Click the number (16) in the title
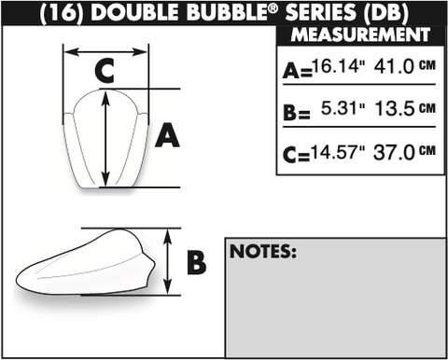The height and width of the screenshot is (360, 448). (x=62, y=13)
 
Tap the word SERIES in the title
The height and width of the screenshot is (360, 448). (x=321, y=12)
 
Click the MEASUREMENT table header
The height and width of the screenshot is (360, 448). (x=360, y=35)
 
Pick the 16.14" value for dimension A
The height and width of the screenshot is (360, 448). (x=339, y=66)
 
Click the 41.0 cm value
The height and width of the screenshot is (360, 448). (x=405, y=66)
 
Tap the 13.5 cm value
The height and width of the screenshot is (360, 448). (x=405, y=108)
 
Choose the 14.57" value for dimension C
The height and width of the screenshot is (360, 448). (x=338, y=153)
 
